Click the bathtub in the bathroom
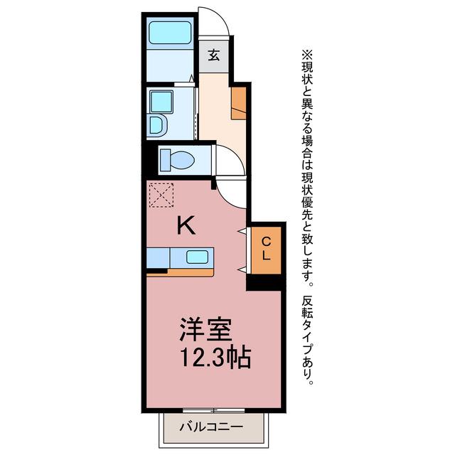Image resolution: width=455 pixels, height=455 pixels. pos(170,33)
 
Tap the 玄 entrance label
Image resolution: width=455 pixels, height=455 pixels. pos(214,55)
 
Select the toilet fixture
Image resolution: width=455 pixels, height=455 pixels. pos(177,160)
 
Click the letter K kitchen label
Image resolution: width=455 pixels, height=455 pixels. pos(186,227)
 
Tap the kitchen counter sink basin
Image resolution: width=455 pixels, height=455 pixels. pos(197,257)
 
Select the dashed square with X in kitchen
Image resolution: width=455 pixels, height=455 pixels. pos(161,195)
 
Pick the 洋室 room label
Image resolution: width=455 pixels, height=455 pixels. pos(205,330)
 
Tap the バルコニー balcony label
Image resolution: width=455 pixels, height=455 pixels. pos(211,427)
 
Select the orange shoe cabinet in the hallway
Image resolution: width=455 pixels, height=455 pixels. pos(239,103)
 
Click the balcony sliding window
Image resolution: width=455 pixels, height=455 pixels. pos(214,410)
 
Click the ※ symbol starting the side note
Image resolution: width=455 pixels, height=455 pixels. pos(308,55)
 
